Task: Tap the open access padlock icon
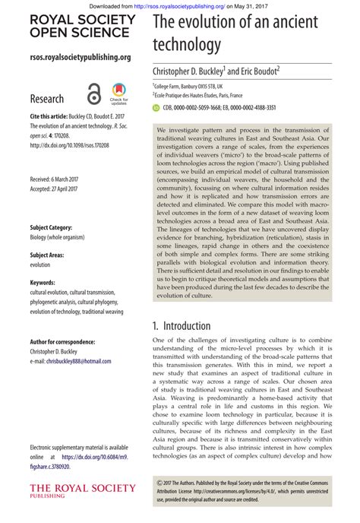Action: (93, 94)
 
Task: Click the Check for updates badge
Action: (119, 93)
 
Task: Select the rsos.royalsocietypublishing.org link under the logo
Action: (80, 57)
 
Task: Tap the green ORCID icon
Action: (156, 108)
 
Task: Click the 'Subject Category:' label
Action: (51, 227)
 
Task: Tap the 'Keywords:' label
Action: (43, 283)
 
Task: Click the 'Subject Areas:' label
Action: (46, 255)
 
